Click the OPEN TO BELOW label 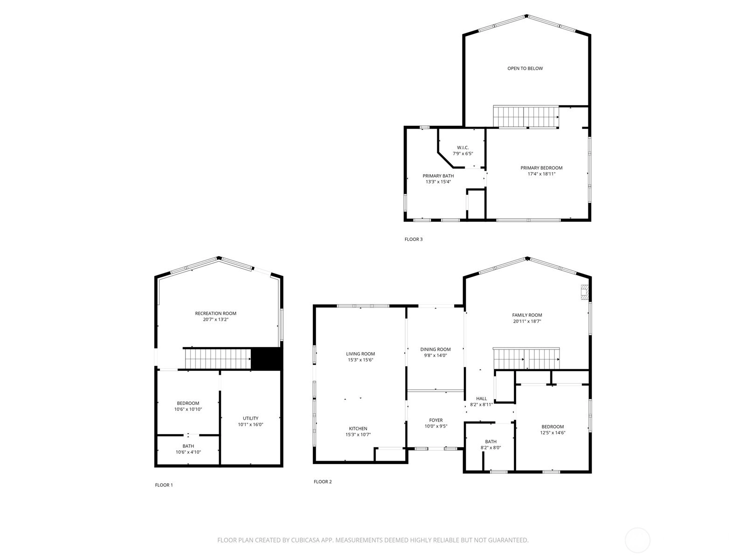tap(525, 68)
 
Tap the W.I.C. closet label tap(463, 148)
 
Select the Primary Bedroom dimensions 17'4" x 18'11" tap(541, 174)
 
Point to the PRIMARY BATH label tap(438, 176)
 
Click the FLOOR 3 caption tap(413, 239)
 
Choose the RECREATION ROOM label tap(215, 313)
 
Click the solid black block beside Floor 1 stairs tap(266, 359)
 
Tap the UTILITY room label tap(250, 418)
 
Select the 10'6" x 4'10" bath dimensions tap(188, 452)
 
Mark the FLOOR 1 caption tap(164, 485)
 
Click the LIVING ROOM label tap(360, 354)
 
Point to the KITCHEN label tap(358, 428)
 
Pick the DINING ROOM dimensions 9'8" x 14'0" tap(435, 355)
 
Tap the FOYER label tap(435, 420)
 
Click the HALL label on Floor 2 tap(481, 398)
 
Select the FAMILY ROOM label tap(527, 315)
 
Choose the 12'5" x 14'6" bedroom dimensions tap(553, 433)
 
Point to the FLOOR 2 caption tap(323, 482)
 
